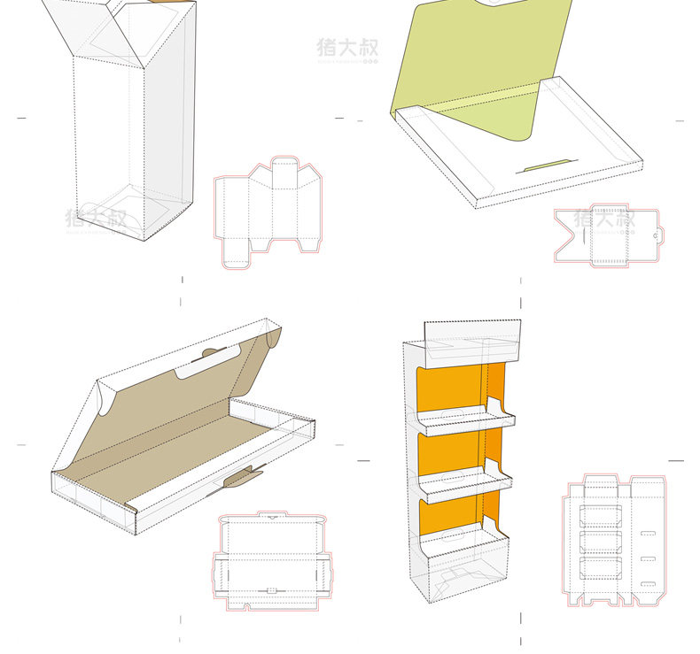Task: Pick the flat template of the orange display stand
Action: pyautogui.click(x=617, y=542)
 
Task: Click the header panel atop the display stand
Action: pyautogui.click(x=471, y=335)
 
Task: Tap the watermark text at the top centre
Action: pyautogui.click(x=347, y=48)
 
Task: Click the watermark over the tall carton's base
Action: pyautogui.click(x=96, y=218)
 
